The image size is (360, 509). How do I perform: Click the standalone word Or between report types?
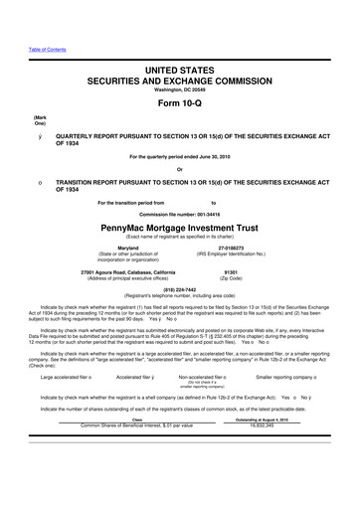point(180,166)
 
